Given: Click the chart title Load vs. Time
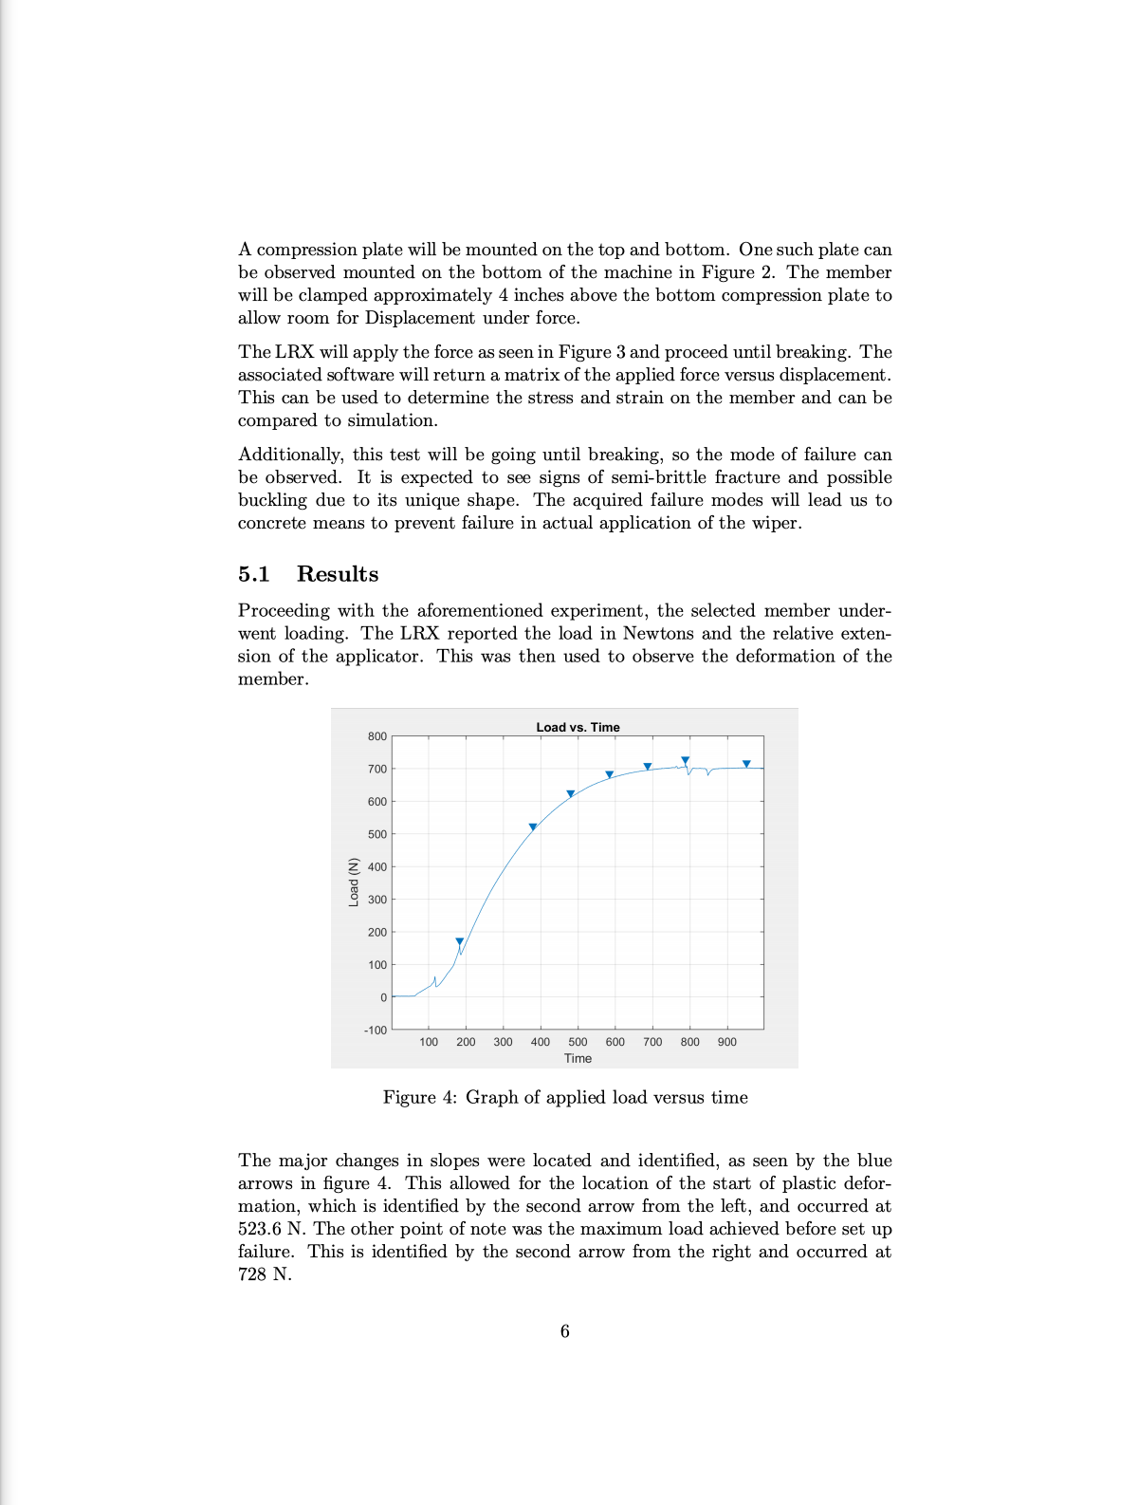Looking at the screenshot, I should click(x=578, y=727).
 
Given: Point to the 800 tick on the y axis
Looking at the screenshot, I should click(x=377, y=736).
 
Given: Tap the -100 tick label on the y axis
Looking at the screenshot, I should click(x=376, y=1030).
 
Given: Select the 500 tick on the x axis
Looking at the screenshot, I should click(x=578, y=1042).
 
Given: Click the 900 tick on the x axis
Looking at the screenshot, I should click(x=726, y=1042).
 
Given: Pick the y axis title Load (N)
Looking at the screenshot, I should click(x=354, y=882).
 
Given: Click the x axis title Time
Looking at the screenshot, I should click(x=578, y=1058).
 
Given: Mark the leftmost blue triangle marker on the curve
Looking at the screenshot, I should click(x=460, y=942).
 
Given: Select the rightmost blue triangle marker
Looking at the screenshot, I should click(x=746, y=764).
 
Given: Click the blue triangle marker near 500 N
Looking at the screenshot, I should click(x=533, y=827).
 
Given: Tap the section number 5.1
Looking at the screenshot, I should click(x=254, y=574).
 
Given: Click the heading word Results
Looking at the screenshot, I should click(x=338, y=574).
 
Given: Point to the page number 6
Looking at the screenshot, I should click(x=565, y=1331).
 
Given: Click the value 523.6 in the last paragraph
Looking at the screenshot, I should click(x=260, y=1229).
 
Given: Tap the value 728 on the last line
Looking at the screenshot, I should click(x=252, y=1274).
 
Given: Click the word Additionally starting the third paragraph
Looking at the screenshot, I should click(x=290, y=455).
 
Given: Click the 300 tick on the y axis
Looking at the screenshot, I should click(x=377, y=900).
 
